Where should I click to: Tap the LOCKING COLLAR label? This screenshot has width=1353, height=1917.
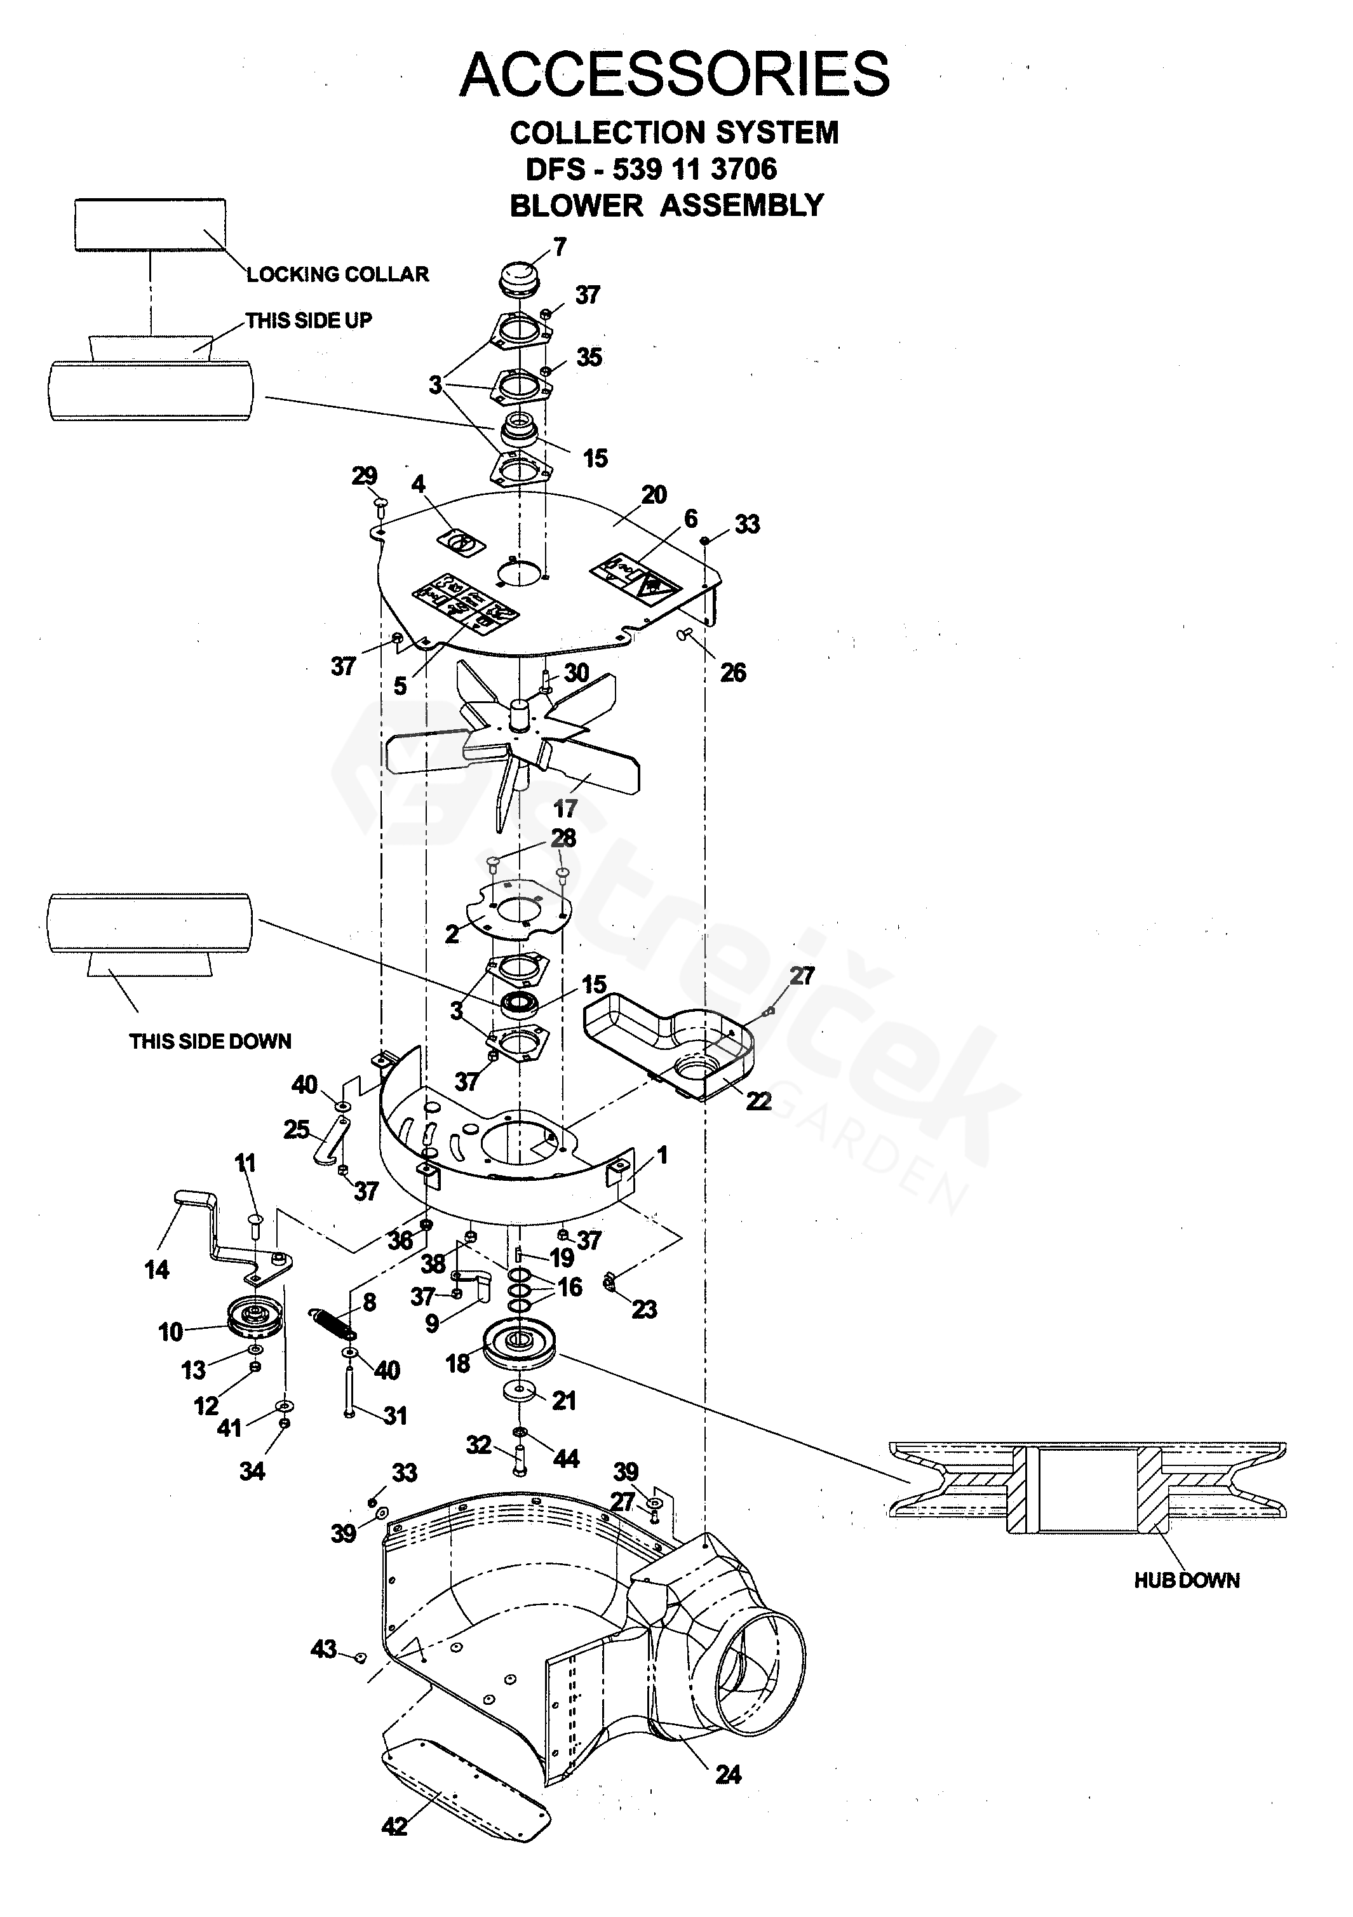tap(337, 274)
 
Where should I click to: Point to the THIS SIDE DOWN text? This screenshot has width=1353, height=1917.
tap(210, 1041)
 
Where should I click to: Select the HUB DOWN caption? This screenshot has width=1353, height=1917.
tap(1186, 1580)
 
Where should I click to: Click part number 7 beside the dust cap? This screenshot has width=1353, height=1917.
tap(560, 246)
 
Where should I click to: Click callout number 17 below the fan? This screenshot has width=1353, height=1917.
tap(565, 807)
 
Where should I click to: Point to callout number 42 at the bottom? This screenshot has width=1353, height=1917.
tap(394, 1826)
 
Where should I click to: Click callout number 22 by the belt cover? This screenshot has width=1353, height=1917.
tap(758, 1100)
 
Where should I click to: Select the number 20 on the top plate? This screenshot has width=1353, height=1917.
tap(654, 494)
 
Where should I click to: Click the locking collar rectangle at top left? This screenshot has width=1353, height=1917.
tap(151, 225)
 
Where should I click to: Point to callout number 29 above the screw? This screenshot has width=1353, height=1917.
tap(364, 475)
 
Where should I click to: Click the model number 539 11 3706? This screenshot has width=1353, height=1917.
tap(695, 170)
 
